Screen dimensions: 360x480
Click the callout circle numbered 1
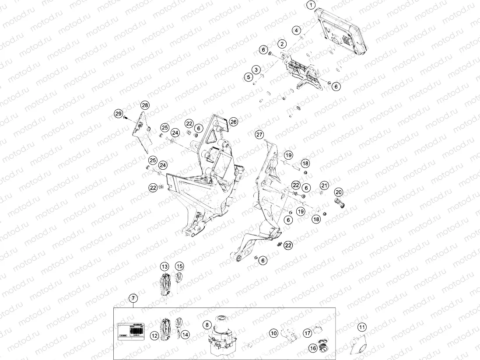click(x=311, y=6)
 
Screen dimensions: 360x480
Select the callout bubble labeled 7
click(x=133, y=298)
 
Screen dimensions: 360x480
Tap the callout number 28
click(x=145, y=105)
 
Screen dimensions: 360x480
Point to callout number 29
click(x=118, y=114)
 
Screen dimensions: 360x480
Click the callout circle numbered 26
click(x=234, y=122)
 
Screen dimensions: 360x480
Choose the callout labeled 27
click(x=259, y=134)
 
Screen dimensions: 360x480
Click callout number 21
click(x=324, y=185)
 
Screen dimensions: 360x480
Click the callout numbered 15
click(x=179, y=266)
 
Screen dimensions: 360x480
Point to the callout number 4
click(x=297, y=31)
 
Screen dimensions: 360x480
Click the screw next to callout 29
click(x=126, y=118)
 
